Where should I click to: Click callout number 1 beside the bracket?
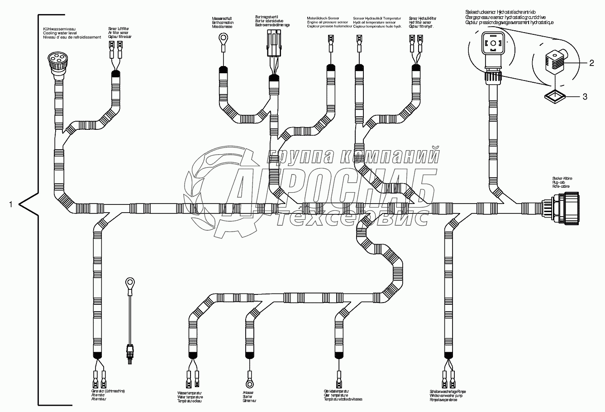point(10,204)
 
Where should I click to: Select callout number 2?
point(591,63)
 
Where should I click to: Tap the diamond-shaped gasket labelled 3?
point(554,96)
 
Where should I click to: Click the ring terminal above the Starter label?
point(248,374)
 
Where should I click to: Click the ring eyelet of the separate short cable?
point(128,284)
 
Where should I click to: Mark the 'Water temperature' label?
point(190,396)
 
